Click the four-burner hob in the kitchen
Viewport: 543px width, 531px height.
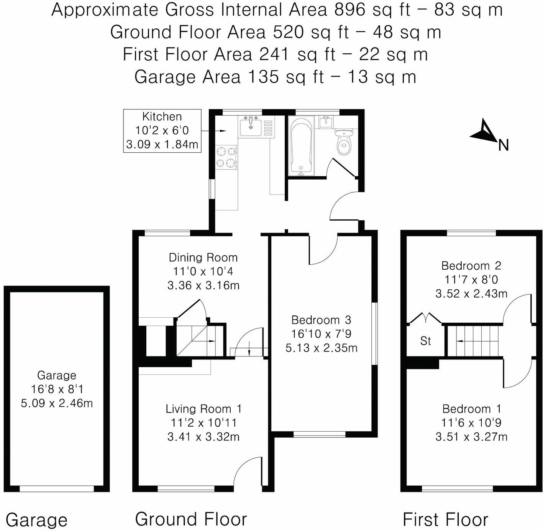coord(226,157)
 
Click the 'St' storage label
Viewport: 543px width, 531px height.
coord(426,341)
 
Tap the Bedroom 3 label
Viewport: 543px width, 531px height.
coord(321,320)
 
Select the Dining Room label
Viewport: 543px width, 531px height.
coord(203,257)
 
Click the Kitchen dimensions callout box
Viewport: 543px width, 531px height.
coord(162,130)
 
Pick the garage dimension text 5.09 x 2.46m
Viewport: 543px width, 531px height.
coord(57,403)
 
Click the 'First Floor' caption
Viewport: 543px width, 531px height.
coord(445,519)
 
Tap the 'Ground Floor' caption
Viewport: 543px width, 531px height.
coord(191,519)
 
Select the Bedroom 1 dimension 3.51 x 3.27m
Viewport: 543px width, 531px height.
coord(471,437)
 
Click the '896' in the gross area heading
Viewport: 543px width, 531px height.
coord(350,10)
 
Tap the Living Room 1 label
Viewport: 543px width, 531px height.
coord(203,409)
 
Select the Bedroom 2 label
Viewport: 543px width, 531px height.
coord(471,265)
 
